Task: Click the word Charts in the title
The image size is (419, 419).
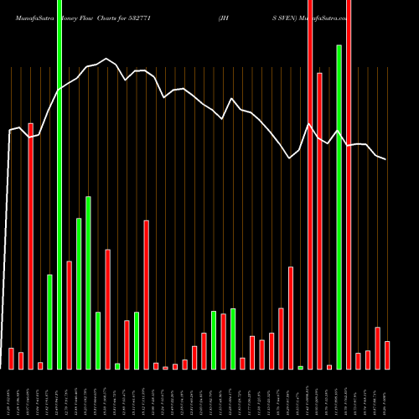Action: pyautogui.click(x=117, y=16)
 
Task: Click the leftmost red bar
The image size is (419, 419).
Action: pyautogui.click(x=11, y=359)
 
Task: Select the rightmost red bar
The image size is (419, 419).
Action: pyautogui.click(x=387, y=354)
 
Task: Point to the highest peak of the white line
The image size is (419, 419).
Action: pyautogui.click(x=106, y=59)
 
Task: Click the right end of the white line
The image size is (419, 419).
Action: pyautogui.click(x=386, y=158)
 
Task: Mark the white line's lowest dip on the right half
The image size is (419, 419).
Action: pyautogui.click(x=290, y=158)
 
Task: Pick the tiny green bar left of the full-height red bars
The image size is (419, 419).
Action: pyautogui.click(x=300, y=367)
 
